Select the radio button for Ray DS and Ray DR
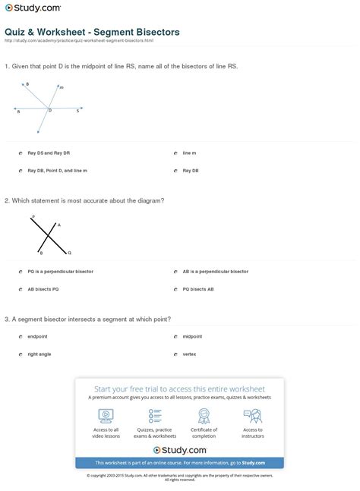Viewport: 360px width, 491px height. click(21, 153)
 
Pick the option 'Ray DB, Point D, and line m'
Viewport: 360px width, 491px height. click(21, 171)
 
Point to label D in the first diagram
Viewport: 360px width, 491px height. click(50, 111)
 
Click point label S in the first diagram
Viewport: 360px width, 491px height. click(77, 110)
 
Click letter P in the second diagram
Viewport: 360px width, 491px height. click(32, 218)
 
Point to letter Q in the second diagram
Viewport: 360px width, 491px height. click(69, 253)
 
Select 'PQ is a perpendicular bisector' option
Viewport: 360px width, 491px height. click(21, 271)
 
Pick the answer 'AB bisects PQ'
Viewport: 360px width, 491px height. click(21, 289)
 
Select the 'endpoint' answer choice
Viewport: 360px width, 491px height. click(21, 335)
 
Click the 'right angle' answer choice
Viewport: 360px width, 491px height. click(21, 354)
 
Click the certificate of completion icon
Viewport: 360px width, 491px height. click(204, 416)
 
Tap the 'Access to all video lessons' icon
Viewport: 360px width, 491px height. click(106, 416)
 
